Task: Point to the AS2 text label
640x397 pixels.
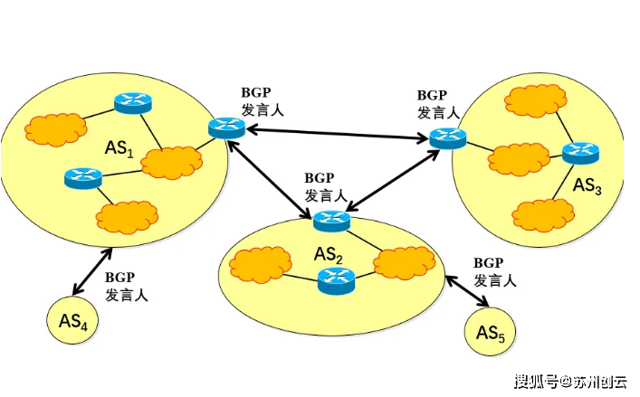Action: click(x=328, y=254)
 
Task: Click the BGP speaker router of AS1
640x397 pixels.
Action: click(x=225, y=128)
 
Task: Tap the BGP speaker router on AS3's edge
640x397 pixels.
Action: click(x=447, y=138)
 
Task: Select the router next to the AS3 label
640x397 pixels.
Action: click(x=579, y=154)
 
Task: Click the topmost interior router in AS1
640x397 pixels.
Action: click(x=132, y=103)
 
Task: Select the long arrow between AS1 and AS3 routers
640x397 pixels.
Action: click(x=336, y=134)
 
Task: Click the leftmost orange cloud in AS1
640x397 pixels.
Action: click(x=52, y=129)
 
